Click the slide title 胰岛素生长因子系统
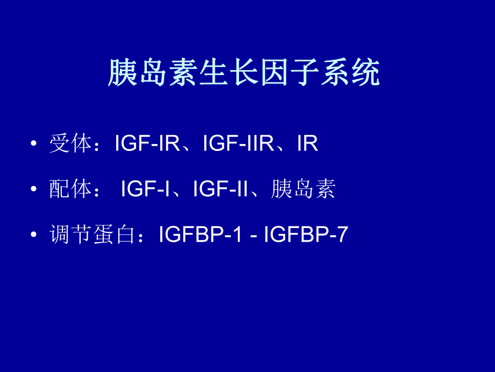pos(244,73)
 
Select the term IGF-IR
pos(147,144)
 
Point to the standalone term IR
pos(307,144)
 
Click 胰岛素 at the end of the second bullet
pos(303,190)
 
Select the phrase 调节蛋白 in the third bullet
pos(91,235)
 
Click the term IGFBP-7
pos(306,235)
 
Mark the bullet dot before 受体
pos(34,145)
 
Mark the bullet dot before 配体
pos(34,190)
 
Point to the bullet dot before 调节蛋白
pos(34,236)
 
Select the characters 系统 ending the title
pos(352,73)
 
